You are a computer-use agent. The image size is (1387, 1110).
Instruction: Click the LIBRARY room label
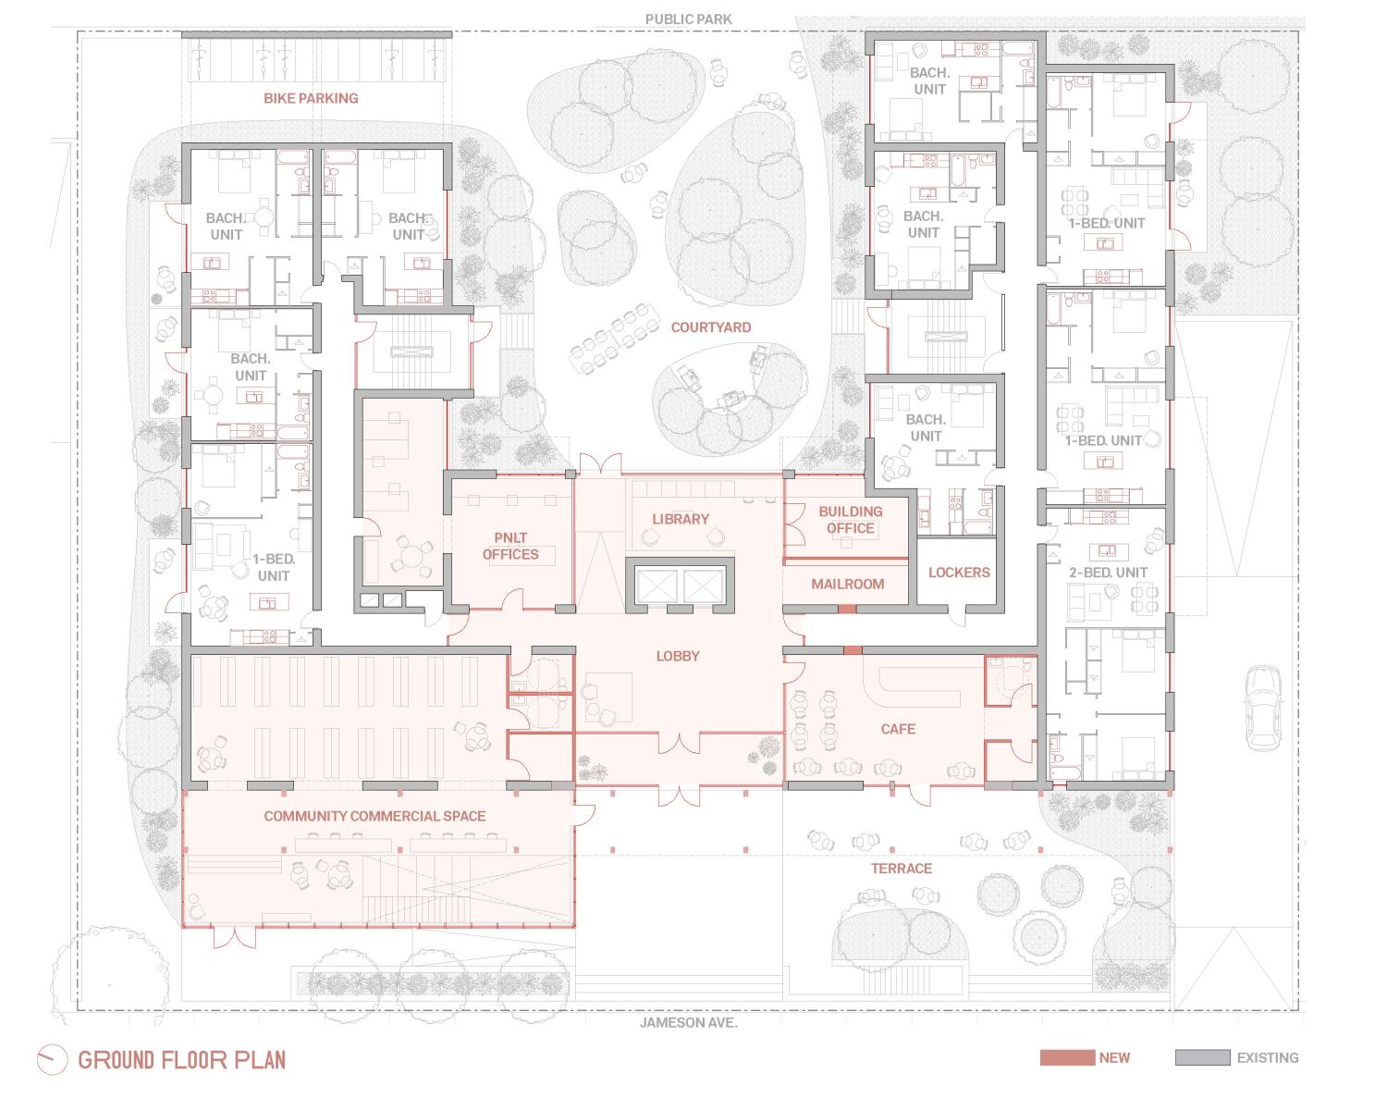coord(681,519)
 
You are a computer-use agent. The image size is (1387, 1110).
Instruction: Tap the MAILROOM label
coord(847,584)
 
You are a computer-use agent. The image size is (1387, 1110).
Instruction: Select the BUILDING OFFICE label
coord(850,519)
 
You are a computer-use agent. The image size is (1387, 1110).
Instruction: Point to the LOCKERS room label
coord(959,573)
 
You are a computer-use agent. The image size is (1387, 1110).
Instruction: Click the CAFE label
coord(898,729)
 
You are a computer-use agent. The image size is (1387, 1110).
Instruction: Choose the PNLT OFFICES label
coord(510,546)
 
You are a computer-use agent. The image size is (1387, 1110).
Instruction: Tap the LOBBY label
coord(678,656)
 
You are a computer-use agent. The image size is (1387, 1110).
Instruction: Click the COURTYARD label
coord(710,327)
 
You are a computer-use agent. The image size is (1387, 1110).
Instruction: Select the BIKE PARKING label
coord(311,98)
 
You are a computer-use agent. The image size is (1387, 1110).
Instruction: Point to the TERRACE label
coord(901,868)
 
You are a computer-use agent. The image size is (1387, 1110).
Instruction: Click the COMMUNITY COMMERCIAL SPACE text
coord(374,816)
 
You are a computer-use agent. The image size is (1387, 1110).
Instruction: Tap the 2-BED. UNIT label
coord(1108,573)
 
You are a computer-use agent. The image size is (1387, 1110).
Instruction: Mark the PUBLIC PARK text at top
coord(689,19)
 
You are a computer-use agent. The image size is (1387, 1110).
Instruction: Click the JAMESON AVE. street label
coord(688,1023)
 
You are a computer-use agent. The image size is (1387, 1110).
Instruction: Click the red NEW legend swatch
coord(1066,1057)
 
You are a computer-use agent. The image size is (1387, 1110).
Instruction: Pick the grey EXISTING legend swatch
coord(1202,1057)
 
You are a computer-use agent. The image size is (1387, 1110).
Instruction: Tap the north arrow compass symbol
coord(52,1060)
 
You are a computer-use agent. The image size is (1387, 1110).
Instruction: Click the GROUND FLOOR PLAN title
coord(182,1060)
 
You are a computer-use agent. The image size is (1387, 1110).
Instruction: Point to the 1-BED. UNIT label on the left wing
coord(273,567)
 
